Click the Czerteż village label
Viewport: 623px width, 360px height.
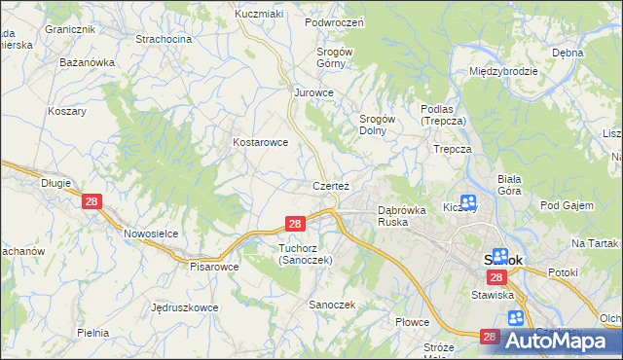click(x=331, y=185)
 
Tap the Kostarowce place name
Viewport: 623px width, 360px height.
click(x=260, y=142)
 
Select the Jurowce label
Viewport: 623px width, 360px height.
click(x=314, y=93)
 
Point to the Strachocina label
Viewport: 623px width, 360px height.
click(x=164, y=39)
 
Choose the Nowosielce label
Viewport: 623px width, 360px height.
click(x=149, y=234)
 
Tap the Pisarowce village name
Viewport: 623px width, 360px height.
click(x=214, y=266)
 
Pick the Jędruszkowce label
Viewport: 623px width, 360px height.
click(x=183, y=307)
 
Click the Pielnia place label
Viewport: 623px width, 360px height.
click(x=92, y=333)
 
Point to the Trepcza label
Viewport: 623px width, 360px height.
click(x=453, y=150)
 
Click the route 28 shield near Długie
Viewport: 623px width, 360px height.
click(x=92, y=201)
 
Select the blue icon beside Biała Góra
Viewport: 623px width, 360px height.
click(x=468, y=201)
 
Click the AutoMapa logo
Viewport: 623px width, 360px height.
click(x=563, y=341)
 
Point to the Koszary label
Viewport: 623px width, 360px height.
click(x=67, y=111)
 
